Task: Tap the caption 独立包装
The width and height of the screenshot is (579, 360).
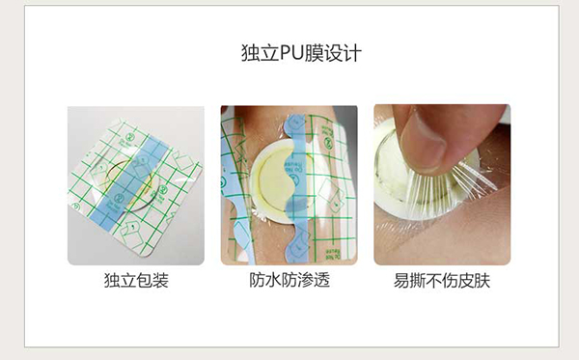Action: coord(135,282)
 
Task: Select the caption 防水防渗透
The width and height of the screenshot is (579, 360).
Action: coord(289,282)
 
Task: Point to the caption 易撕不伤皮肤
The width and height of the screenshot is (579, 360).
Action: coord(442,282)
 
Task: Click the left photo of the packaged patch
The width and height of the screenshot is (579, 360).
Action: coord(135,184)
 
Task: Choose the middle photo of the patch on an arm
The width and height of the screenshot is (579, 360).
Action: coord(289,184)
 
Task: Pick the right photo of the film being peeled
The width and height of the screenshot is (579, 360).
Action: coord(442,184)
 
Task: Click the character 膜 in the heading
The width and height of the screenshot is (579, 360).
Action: coord(315,52)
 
